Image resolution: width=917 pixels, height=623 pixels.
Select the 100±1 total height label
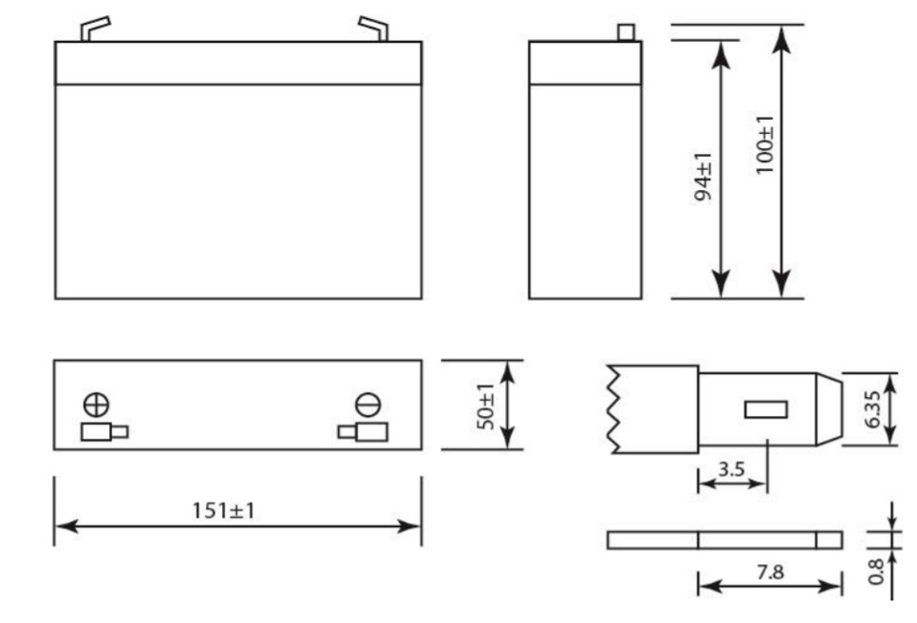[x=764, y=144]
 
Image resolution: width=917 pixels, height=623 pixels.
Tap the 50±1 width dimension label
[x=486, y=405]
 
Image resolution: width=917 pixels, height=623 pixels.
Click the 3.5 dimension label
[x=731, y=468]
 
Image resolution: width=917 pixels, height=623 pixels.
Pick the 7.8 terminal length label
[x=769, y=574]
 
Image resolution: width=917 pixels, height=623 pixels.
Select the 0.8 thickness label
[x=875, y=571]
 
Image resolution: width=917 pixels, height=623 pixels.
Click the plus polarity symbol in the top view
[x=96, y=405]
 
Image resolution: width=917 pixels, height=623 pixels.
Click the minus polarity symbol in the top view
[x=366, y=405]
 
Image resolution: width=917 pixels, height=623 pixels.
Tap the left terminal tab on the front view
[x=95, y=28]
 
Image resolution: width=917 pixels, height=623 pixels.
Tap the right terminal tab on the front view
[x=373, y=28]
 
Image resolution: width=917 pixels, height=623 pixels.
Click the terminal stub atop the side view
[x=626, y=33]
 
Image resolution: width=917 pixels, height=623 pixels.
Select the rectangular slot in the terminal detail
[x=765, y=409]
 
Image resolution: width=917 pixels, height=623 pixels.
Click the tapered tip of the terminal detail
[x=829, y=409]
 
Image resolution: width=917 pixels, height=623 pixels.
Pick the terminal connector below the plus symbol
[x=103, y=433]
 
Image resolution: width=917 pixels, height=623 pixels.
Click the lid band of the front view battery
[x=237, y=63]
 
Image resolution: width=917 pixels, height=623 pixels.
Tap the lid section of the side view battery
[x=585, y=63]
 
